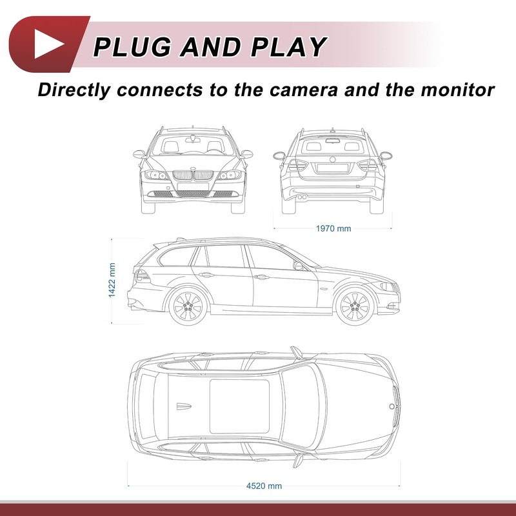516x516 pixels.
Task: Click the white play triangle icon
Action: [x=47, y=44]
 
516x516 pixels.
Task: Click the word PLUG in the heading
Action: [x=132, y=46]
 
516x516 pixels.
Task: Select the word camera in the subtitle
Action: [x=304, y=90]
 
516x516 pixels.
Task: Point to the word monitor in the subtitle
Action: [x=458, y=90]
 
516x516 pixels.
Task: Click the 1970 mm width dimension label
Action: [x=333, y=228]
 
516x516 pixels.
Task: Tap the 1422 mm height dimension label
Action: [x=112, y=280]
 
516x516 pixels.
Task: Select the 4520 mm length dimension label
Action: [x=264, y=486]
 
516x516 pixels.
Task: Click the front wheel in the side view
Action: [x=355, y=306]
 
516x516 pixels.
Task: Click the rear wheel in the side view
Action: [x=188, y=306]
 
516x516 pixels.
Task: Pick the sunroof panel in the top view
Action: [x=239, y=406]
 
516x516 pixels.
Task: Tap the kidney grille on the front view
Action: [x=193, y=175]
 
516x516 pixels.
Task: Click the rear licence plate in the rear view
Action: [x=332, y=168]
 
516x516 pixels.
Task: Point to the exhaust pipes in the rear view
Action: [x=302, y=197]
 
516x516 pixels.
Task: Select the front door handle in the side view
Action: [x=262, y=277]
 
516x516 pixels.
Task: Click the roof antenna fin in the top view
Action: [x=184, y=406]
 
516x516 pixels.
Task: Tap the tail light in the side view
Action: [x=142, y=276]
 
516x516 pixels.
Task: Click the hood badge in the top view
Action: [x=392, y=406]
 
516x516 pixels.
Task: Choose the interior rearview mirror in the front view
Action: [x=193, y=140]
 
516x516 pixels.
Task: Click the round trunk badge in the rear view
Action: [x=333, y=159]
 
